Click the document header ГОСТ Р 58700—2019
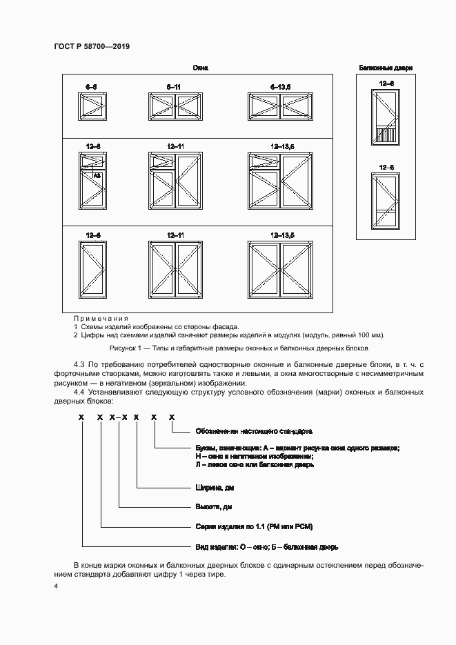(x=91, y=46)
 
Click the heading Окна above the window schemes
(x=201, y=68)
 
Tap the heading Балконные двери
(x=386, y=68)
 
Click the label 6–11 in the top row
(x=173, y=86)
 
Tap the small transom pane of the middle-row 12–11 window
(x=161, y=161)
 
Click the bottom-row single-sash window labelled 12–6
(x=91, y=268)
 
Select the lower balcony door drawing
(x=386, y=200)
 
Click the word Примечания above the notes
(x=101, y=318)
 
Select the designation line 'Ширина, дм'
(x=214, y=488)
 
